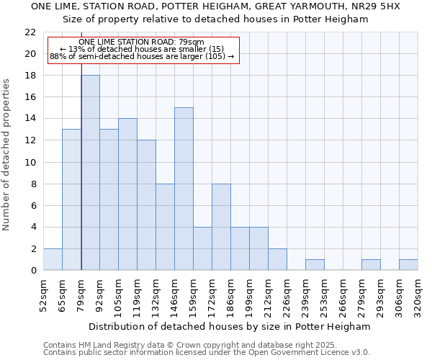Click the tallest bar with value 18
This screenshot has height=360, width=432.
(90, 173)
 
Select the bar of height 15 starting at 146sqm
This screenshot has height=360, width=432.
(184, 189)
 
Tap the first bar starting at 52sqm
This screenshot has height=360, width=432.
(53, 259)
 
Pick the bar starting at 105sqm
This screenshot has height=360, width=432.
(127, 194)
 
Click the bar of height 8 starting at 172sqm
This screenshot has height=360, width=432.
(221, 227)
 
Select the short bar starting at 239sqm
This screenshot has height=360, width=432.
(315, 265)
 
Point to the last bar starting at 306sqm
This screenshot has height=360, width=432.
(408, 265)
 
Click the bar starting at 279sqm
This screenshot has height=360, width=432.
(371, 265)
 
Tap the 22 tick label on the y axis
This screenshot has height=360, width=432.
(30, 32)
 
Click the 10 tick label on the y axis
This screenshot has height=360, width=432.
(30, 162)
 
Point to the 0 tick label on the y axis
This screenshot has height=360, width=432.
(32, 271)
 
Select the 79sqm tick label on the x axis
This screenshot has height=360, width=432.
(81, 295)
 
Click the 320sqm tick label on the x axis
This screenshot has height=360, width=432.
(418, 295)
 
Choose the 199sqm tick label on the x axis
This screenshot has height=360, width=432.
(249, 295)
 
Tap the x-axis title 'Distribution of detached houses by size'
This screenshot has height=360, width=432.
(230, 326)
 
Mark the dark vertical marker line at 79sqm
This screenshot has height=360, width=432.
(81, 180)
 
